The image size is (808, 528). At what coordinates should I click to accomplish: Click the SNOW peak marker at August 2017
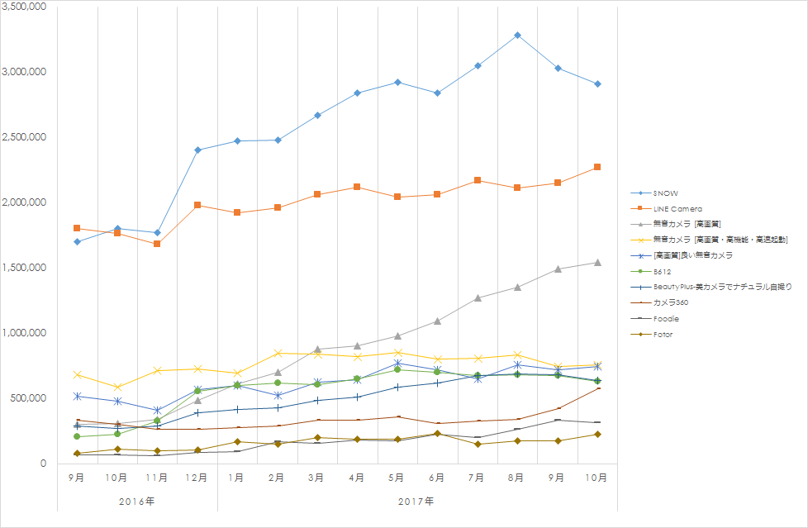click(x=516, y=36)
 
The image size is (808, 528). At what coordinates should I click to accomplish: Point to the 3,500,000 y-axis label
click(x=24, y=7)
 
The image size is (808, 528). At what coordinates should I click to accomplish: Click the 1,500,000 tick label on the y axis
click(x=24, y=268)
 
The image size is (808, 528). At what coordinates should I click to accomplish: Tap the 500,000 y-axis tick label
click(x=29, y=398)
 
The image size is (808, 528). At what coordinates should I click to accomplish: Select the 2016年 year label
click(x=136, y=501)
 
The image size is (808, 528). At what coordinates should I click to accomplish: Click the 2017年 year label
click(x=416, y=501)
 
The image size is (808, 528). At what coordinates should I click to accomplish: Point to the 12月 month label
click(x=197, y=478)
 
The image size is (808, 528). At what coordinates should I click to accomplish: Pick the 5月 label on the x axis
click(x=397, y=478)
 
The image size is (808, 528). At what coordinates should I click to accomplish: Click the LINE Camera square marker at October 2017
click(x=596, y=167)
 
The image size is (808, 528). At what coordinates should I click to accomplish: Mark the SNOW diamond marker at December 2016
click(x=197, y=150)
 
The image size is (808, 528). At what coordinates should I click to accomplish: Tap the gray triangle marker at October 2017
click(x=596, y=263)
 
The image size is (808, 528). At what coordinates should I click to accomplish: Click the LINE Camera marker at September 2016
click(x=77, y=228)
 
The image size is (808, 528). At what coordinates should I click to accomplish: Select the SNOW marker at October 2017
click(x=596, y=84)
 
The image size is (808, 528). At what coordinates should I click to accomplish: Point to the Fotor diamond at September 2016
click(x=77, y=454)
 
